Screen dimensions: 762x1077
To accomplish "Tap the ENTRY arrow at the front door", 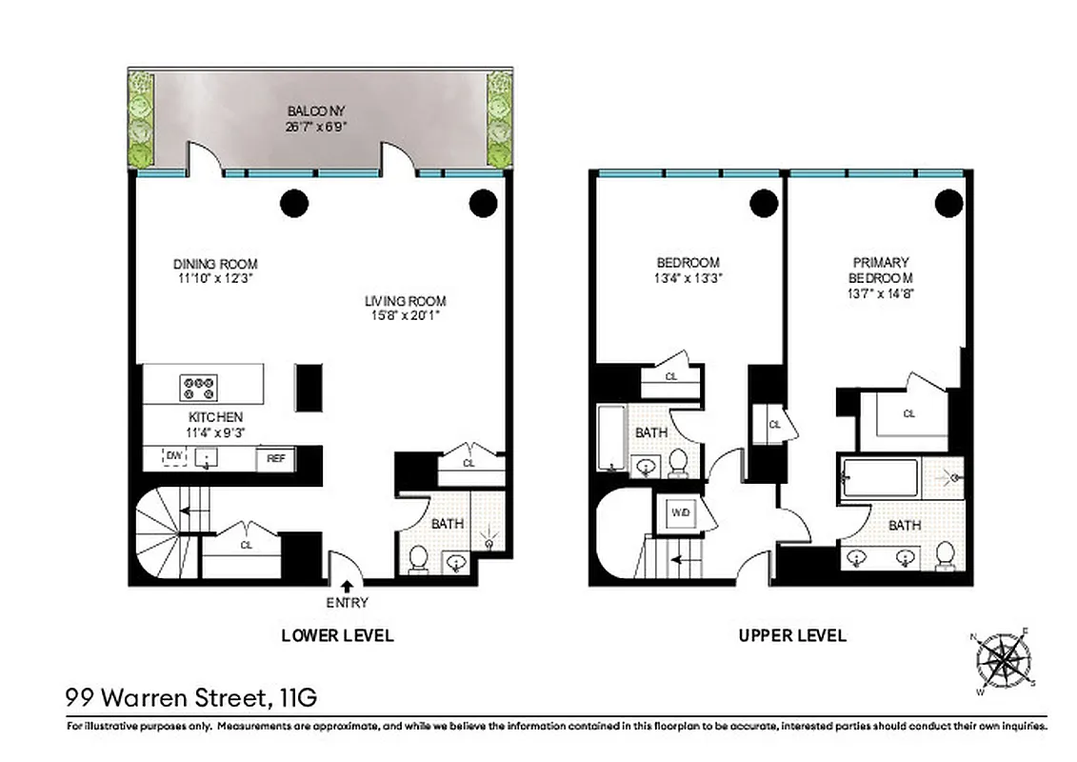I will click(x=347, y=587).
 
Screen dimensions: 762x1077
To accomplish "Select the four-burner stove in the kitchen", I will click(x=199, y=387).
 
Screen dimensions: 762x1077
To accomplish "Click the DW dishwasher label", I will click(x=173, y=457).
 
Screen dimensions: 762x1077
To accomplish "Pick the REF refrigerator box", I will click(x=275, y=459).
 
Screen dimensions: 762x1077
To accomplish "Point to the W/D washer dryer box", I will click(x=681, y=514).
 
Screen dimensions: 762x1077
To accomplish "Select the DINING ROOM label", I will click(x=215, y=264).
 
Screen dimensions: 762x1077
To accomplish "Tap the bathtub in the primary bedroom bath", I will click(x=881, y=478).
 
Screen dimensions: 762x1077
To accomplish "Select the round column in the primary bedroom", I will click(x=947, y=202).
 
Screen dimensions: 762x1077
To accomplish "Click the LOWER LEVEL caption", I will click(x=337, y=635).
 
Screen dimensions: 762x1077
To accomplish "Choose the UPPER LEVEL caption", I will click(x=792, y=635).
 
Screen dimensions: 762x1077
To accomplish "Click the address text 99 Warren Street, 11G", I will click(x=191, y=698).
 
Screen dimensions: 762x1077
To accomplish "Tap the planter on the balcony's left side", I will click(x=142, y=120).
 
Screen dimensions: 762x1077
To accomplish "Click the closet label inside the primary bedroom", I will click(x=908, y=414).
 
